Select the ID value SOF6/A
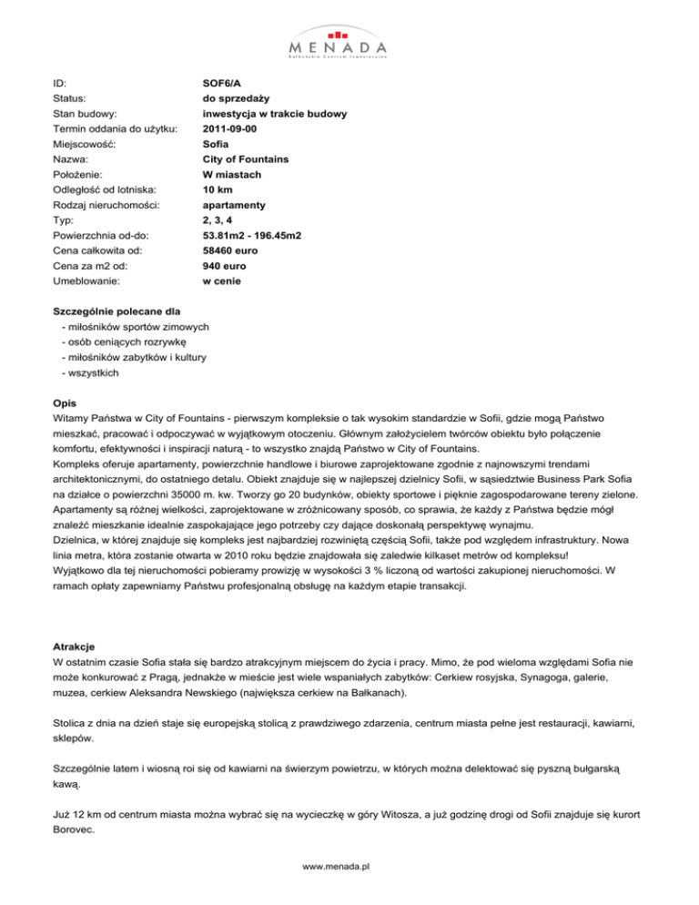pos(222,82)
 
